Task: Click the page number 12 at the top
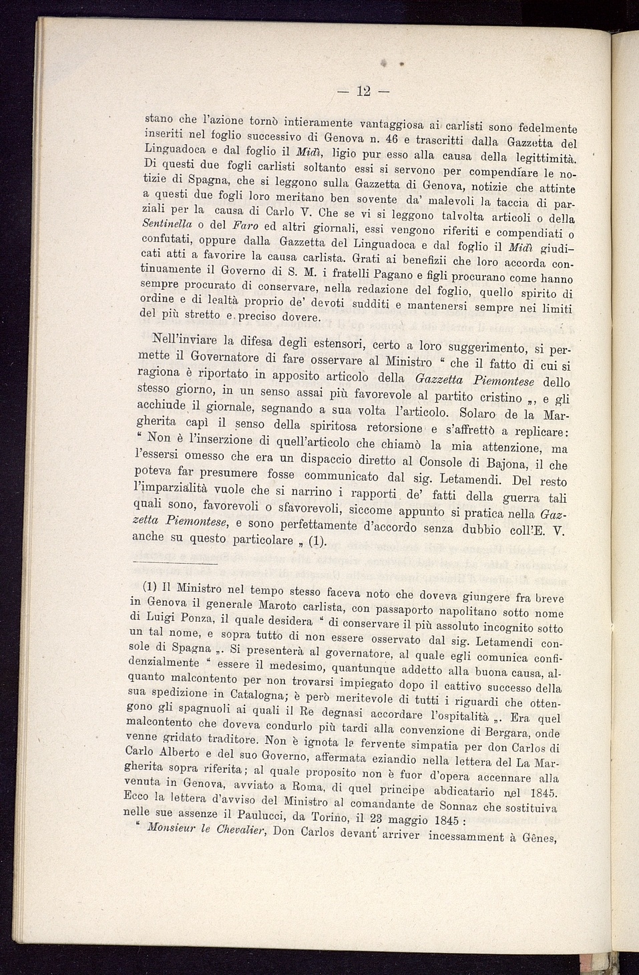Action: click(363, 91)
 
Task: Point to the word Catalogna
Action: click(225, 693)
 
